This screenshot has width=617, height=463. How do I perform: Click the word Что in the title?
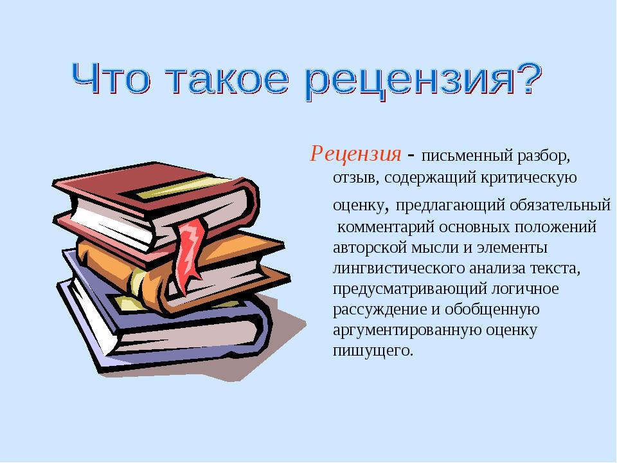pyautogui.click(x=111, y=78)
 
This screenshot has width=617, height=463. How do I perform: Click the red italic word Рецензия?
pyautogui.click(x=355, y=154)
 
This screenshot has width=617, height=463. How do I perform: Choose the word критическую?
pyautogui.click(x=529, y=177)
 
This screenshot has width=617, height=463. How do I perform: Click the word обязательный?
pyautogui.click(x=560, y=205)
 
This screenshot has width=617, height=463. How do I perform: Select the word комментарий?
pyautogui.click(x=386, y=227)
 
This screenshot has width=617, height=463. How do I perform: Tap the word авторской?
pyautogui.click(x=370, y=248)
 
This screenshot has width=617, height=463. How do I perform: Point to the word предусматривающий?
pyautogui.click(x=409, y=289)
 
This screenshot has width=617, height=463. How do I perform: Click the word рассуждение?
pyautogui.click(x=380, y=309)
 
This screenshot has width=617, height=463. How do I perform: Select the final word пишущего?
pyautogui.click(x=373, y=350)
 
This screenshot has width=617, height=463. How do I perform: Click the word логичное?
pyautogui.click(x=525, y=289)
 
